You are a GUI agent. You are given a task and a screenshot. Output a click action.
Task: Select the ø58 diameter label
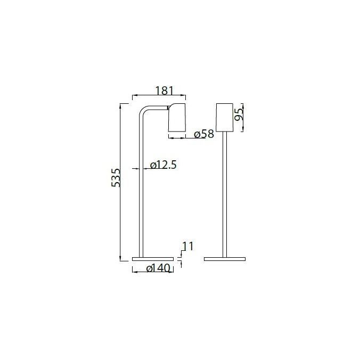(204, 134)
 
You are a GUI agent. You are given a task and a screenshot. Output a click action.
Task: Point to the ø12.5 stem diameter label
(163, 165)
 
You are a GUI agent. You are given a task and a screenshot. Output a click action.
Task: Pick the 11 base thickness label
(186, 246)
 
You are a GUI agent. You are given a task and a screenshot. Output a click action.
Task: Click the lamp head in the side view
(177, 118)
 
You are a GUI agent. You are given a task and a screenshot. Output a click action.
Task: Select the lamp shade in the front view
(225, 116)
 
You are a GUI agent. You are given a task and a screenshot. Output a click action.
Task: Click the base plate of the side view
(151, 259)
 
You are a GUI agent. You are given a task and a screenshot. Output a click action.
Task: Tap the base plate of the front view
(225, 259)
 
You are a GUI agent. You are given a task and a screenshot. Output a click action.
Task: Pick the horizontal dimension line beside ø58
(181, 138)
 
